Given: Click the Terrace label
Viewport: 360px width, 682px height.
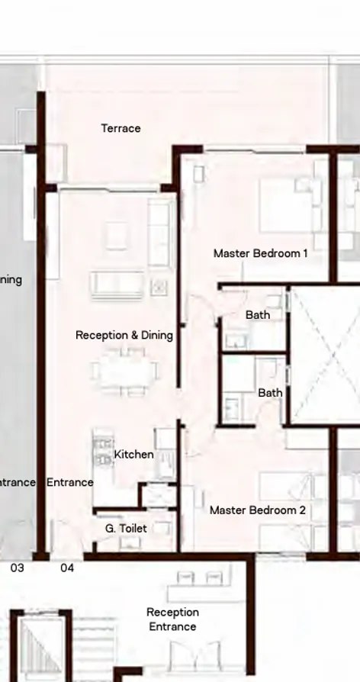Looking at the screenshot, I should tap(121, 128).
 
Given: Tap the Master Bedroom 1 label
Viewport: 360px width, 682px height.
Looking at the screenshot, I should tap(260, 253).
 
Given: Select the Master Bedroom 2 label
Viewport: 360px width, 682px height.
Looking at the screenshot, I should tap(258, 510).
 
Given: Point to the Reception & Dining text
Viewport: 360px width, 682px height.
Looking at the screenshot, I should tap(124, 335).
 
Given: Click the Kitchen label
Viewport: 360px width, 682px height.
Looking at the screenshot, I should tap(133, 455).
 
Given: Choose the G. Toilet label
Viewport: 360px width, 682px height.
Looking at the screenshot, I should tap(126, 528).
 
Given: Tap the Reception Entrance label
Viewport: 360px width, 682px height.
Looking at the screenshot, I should tap(172, 619).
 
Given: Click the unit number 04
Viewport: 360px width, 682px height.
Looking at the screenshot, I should tap(67, 568).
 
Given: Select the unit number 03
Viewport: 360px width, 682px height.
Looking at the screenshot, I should tap(17, 568).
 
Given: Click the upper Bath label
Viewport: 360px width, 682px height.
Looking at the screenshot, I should tap(257, 314).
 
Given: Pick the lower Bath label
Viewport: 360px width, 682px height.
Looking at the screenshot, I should tap(270, 393).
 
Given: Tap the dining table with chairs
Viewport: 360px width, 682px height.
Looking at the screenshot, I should tap(125, 372).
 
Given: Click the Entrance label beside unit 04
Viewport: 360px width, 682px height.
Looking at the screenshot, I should tap(70, 482).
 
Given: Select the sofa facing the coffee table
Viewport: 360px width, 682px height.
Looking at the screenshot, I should tap(117, 285).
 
